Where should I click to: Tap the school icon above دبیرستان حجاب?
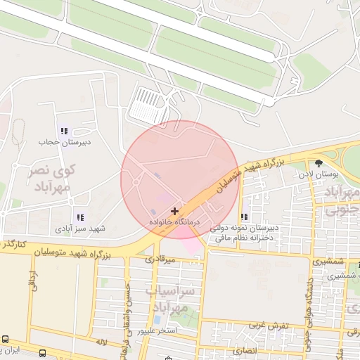tap(64, 131)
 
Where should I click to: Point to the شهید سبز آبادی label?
tap(80, 229)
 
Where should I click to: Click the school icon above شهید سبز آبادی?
tap(80, 217)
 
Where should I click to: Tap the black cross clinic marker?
tap(174, 211)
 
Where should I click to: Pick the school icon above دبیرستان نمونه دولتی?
tap(244, 217)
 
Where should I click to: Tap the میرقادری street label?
tap(159, 259)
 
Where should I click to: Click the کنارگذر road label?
tap(15, 244)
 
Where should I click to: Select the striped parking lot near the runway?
tap(149, 106)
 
